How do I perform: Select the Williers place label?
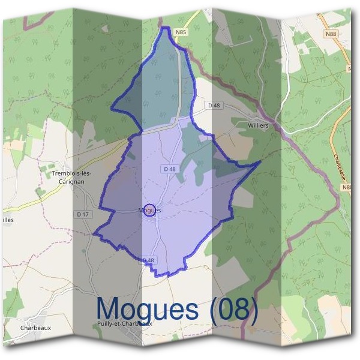(258, 126)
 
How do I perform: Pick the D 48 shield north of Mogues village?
(169, 170)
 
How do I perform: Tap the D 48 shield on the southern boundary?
(148, 260)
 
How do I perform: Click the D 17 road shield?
(83, 214)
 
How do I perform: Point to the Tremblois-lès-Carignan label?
(71, 178)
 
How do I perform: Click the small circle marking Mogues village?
(151, 210)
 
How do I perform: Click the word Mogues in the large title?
(147, 310)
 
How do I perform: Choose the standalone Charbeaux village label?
(35, 328)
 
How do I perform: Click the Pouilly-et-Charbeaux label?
(124, 323)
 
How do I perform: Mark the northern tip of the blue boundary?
(164, 28)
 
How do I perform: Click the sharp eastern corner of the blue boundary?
(260, 161)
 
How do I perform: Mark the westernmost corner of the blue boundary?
(94, 234)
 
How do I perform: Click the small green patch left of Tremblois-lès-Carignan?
(40, 193)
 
